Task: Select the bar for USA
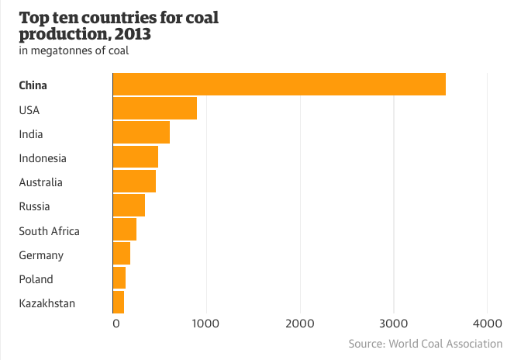pyautogui.click(x=155, y=109)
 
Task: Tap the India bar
pyautogui.click(x=141, y=133)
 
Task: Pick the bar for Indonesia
pyautogui.click(x=136, y=157)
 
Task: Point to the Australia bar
pyautogui.click(x=134, y=181)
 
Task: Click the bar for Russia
pyautogui.click(x=129, y=205)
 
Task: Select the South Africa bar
pyautogui.click(x=125, y=230)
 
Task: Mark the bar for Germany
pyautogui.click(x=122, y=254)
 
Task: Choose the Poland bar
pyautogui.click(x=119, y=278)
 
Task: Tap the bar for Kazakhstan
pyautogui.click(x=119, y=302)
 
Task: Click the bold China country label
pyautogui.click(x=33, y=85)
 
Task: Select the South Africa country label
pyautogui.click(x=49, y=230)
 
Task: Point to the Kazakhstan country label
pyautogui.click(x=47, y=303)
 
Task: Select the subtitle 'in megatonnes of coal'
pyautogui.click(x=74, y=51)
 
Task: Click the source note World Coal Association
pyautogui.click(x=425, y=344)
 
